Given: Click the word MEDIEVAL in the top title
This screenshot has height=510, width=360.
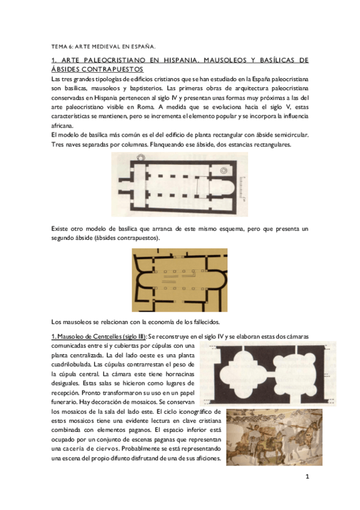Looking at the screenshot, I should [x=96, y=46].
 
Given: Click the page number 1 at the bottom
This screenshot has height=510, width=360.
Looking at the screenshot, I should [x=307, y=478].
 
